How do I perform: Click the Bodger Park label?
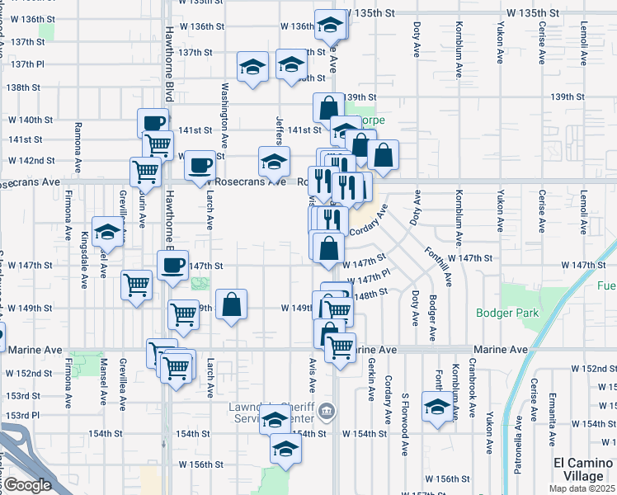(x=507, y=313)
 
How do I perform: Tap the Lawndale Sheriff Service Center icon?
(x=327, y=410)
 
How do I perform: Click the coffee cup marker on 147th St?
(x=172, y=266)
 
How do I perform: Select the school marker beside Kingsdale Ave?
(x=107, y=232)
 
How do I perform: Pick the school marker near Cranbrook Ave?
(x=437, y=406)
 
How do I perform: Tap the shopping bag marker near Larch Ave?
(x=232, y=304)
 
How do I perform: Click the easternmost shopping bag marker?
(x=383, y=154)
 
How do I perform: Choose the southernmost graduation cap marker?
(x=286, y=449)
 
